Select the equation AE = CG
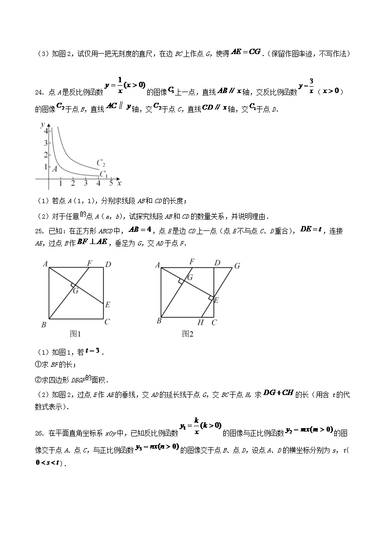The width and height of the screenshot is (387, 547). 246,52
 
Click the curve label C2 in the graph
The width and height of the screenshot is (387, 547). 101,163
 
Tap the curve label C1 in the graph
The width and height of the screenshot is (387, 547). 103,174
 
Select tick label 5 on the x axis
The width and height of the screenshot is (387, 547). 111,183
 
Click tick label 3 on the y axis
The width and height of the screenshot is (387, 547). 45,143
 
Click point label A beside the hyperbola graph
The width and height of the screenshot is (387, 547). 55,169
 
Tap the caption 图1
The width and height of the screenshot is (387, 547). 75,334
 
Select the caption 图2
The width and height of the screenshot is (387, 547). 188,334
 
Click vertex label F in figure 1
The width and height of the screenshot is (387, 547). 89,263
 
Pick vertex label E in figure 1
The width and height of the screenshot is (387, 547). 107,305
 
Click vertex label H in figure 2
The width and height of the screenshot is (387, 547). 200,322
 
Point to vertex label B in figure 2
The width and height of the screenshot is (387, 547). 159,321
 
